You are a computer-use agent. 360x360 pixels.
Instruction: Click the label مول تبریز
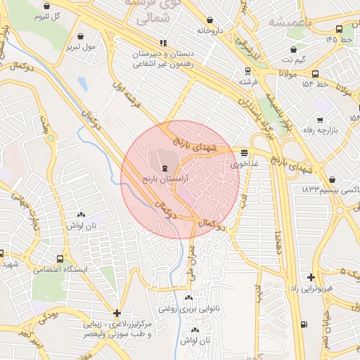(x=79, y=47)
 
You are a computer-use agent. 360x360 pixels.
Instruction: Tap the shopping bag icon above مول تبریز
(x=80, y=35)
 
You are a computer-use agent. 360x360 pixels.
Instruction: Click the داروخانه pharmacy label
(x=210, y=31)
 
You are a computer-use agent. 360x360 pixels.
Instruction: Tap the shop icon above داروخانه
(x=210, y=20)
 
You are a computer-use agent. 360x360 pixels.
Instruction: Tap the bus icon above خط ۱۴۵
(x=340, y=29)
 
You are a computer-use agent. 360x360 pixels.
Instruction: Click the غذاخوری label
(x=244, y=164)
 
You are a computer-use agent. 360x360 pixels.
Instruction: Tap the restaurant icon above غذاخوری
(x=244, y=152)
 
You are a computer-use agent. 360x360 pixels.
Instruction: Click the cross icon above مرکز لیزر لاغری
(x=117, y=313)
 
